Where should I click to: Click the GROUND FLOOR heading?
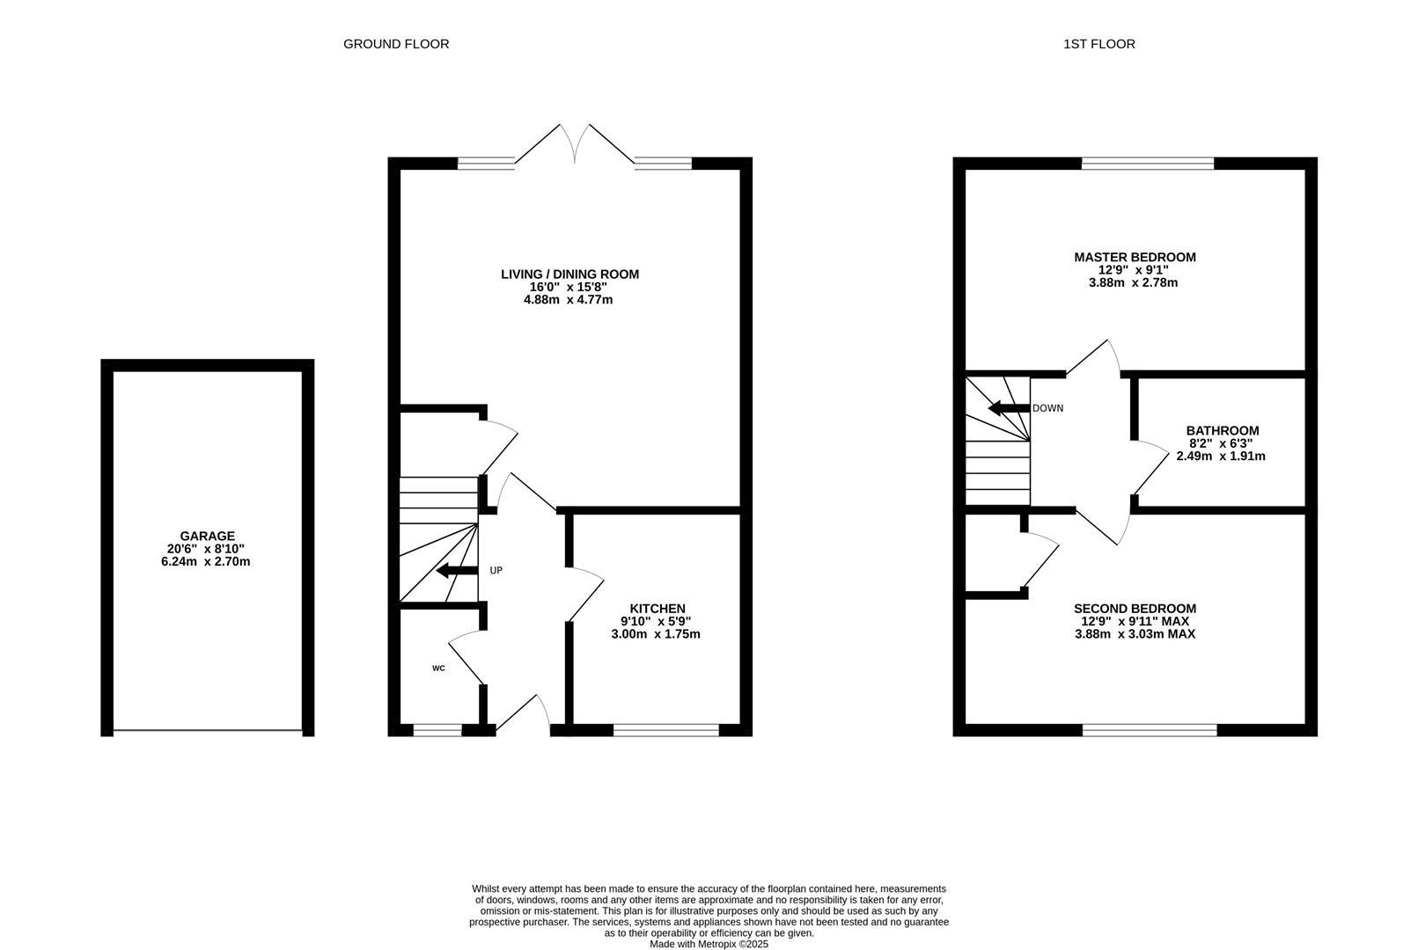(x=396, y=44)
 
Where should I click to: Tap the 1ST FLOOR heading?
(x=1098, y=44)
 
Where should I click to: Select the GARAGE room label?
(x=208, y=536)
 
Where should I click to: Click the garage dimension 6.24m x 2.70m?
(x=208, y=561)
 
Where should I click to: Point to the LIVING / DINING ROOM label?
(x=569, y=274)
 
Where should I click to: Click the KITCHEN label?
(x=657, y=609)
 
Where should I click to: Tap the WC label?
(x=438, y=669)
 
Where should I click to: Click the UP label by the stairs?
(x=496, y=571)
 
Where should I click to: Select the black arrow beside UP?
(x=457, y=571)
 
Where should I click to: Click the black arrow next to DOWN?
(x=1008, y=408)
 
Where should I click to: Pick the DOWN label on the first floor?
(x=1047, y=408)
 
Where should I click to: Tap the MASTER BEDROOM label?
(x=1135, y=258)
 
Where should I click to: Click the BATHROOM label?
(x=1222, y=431)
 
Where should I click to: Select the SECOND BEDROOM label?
(x=1135, y=609)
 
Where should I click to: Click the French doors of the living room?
(x=574, y=145)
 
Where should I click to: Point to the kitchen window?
(x=666, y=729)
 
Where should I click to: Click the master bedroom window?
(x=1147, y=163)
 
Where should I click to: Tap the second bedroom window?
(x=1149, y=729)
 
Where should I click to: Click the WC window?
(x=437, y=729)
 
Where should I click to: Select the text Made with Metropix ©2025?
(x=709, y=944)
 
